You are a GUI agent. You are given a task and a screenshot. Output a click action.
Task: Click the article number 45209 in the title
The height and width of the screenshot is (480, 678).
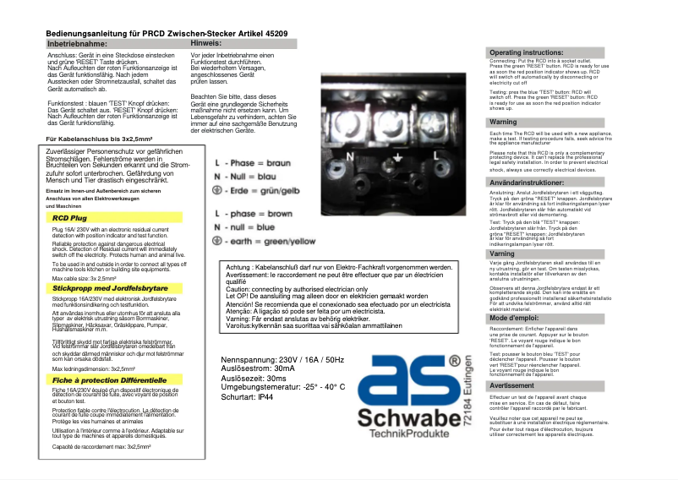[x=281, y=32]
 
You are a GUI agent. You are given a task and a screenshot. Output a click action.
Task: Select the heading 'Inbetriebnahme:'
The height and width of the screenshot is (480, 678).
[x=77, y=42]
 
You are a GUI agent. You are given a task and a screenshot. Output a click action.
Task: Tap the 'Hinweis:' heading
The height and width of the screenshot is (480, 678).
[x=206, y=41]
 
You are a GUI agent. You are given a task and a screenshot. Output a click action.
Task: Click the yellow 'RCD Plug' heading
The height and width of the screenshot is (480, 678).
[x=70, y=218]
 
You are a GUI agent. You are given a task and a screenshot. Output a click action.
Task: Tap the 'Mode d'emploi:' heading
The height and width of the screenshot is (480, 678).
[x=517, y=318]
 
